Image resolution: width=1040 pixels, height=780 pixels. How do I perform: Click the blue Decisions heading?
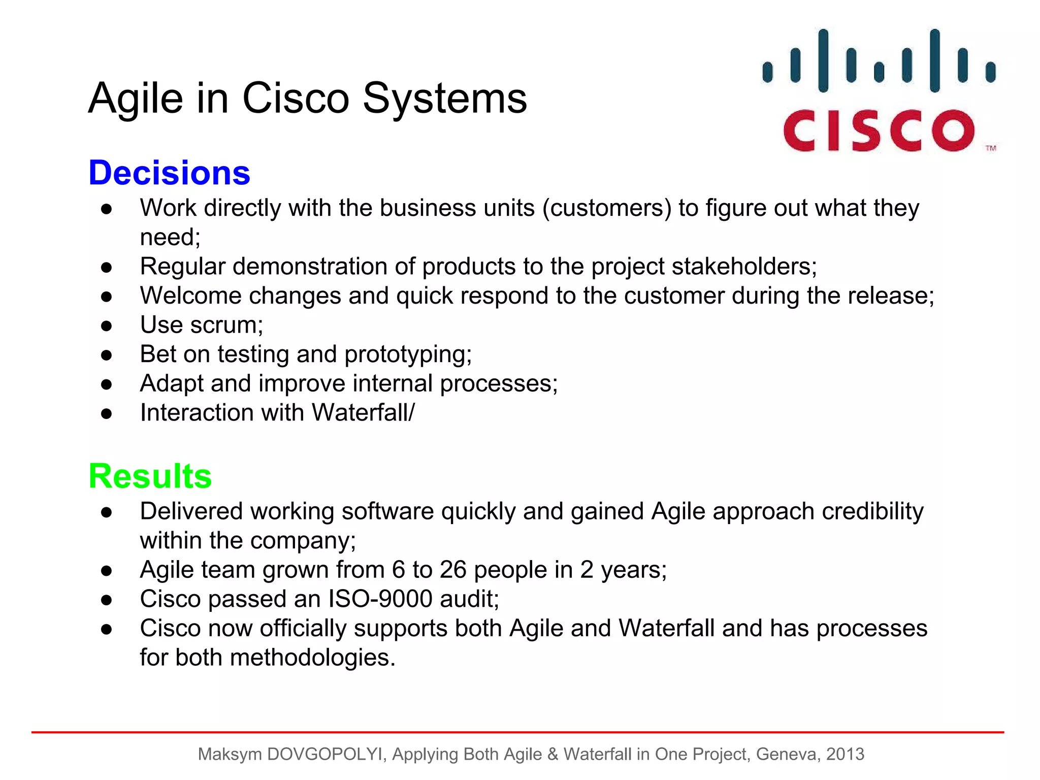tap(169, 173)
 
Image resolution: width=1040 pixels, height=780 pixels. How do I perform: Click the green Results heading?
tap(150, 476)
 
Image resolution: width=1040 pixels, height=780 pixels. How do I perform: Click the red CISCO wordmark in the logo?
tap(879, 131)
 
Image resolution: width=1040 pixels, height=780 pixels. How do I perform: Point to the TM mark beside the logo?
tap(991, 148)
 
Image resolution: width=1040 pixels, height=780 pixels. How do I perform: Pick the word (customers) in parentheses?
tap(607, 208)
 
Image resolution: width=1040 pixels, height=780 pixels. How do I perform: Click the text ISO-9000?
tap(380, 599)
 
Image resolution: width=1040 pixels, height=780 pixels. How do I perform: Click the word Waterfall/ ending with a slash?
tap(363, 413)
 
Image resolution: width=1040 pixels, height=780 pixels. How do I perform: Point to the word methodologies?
tap(312, 658)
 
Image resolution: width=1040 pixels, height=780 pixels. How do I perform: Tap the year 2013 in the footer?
tap(845, 754)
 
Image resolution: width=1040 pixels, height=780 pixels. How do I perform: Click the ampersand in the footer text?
tap(552, 754)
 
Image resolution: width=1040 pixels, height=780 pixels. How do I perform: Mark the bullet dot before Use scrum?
tap(106, 326)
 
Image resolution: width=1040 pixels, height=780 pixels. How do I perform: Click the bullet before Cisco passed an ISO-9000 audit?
tap(106, 600)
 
